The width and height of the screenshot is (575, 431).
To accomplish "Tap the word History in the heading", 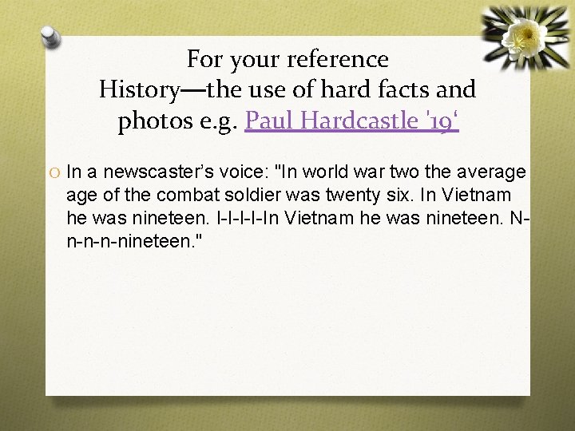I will coord(137,90).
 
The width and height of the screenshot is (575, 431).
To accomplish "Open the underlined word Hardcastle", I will coord(359,121).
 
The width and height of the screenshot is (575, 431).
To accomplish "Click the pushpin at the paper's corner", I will coord(52,36).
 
